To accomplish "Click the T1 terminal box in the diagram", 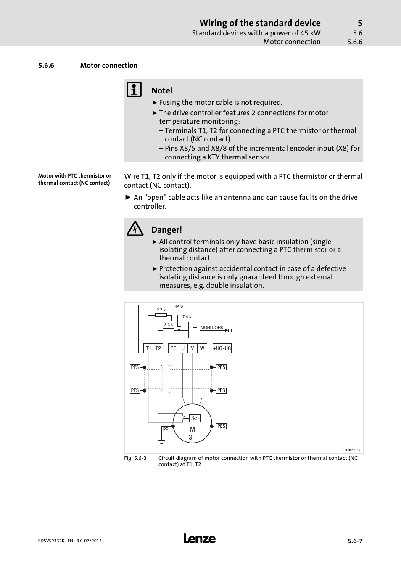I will click(148, 348).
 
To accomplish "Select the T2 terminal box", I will click(158, 348).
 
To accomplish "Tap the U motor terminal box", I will click(183, 348).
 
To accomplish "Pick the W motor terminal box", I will click(202, 348).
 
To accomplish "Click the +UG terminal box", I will click(217, 348).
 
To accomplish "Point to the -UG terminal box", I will click(227, 348).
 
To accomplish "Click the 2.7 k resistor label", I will click(161, 310).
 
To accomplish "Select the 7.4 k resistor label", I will click(187, 317).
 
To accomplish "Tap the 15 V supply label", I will click(179, 307).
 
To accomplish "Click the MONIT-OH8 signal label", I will click(212, 327).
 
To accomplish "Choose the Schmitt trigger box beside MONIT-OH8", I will click(194, 330).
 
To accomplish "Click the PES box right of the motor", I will click(222, 426).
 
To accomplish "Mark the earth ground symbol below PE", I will click(161, 441).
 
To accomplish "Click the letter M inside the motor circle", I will click(193, 429).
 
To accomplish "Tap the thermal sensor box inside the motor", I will click(195, 418).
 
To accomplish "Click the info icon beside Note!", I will click(134, 90).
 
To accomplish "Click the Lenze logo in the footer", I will click(200, 539).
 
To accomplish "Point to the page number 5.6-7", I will click(355, 541).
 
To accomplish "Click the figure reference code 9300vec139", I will click(351, 450).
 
